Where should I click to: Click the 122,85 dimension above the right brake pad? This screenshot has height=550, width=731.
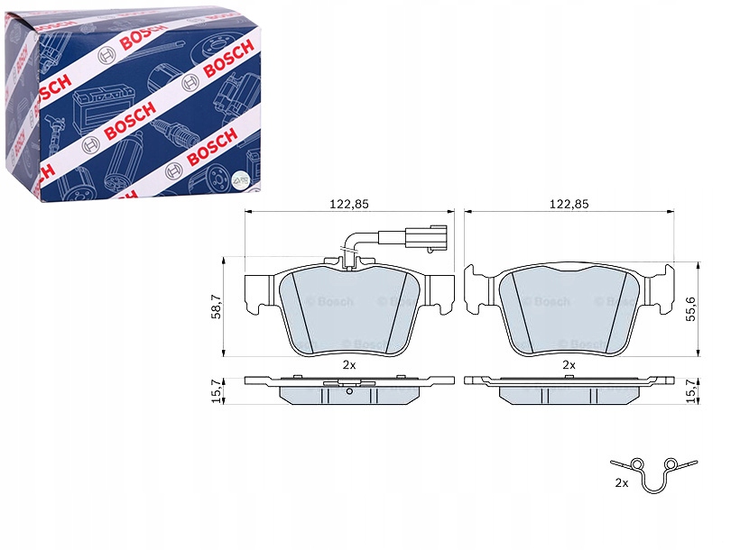[569, 204]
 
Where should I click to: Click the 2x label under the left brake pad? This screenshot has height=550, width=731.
[349, 365]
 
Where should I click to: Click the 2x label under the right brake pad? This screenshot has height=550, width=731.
[569, 365]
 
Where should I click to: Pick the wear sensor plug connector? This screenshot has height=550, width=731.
[412, 238]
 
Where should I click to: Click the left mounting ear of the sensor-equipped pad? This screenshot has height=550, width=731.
[260, 289]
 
